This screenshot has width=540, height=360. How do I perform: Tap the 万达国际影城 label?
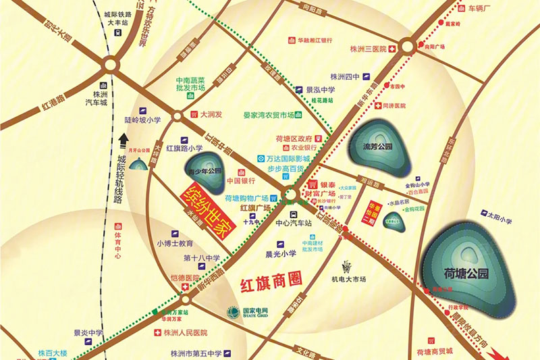click(x=283, y=159)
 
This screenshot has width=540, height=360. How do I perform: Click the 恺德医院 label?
click(x=183, y=278)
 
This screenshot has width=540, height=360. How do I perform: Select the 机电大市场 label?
click(x=348, y=279)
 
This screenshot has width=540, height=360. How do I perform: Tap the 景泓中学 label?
click(x=320, y=89)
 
